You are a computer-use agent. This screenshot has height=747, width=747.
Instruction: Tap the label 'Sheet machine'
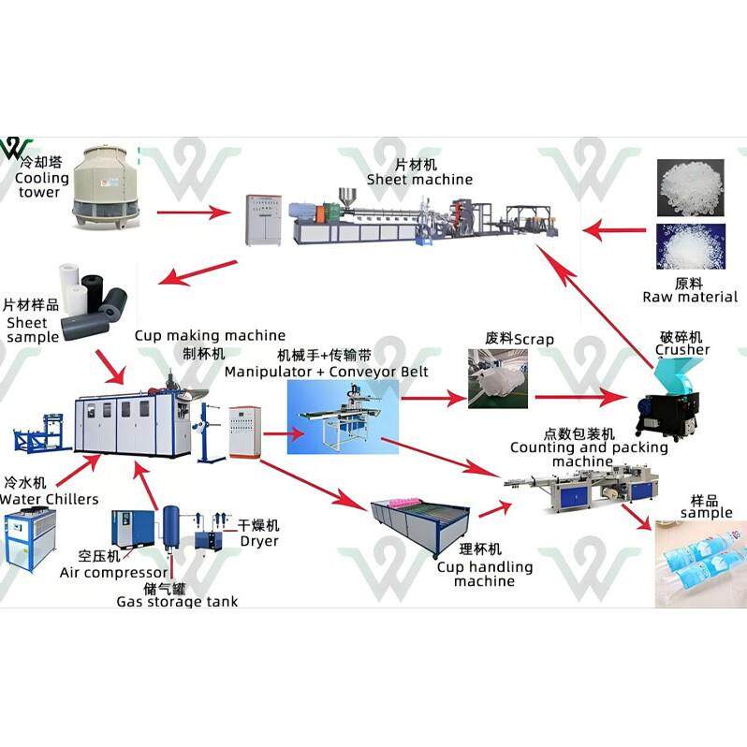(x=419, y=179)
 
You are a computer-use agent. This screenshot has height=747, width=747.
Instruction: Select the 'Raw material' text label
(x=690, y=297)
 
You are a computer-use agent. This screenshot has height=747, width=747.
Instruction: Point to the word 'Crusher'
(x=682, y=350)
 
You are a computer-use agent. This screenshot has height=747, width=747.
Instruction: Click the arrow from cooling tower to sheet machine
(x=193, y=212)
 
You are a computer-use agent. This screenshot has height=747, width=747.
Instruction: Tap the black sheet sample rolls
(x=106, y=298)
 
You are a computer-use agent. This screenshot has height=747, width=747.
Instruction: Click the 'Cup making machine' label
(x=210, y=335)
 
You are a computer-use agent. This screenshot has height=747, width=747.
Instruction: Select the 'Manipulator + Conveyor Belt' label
(x=326, y=372)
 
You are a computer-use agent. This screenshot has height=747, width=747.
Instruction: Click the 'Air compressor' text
(x=114, y=572)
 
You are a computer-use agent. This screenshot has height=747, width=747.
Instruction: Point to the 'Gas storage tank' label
(x=177, y=602)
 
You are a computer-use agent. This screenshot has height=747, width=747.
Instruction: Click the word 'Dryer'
(x=259, y=541)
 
